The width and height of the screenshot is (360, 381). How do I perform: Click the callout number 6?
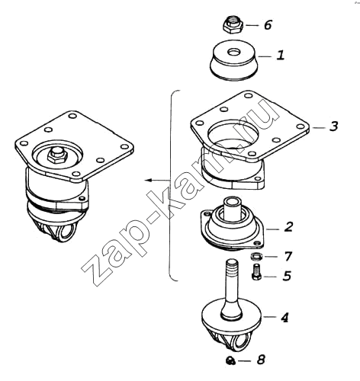click(x=268, y=25)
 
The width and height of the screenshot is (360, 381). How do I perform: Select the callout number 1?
click(x=281, y=55)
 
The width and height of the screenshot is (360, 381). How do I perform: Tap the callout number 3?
click(x=334, y=126)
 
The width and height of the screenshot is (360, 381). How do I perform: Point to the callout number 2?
click(x=288, y=227)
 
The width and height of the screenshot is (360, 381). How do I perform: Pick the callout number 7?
click(x=288, y=256)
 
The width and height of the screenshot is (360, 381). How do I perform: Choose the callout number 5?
click(x=287, y=276)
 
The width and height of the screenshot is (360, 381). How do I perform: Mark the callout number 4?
click(x=284, y=317)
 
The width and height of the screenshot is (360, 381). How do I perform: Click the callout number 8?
click(x=261, y=360)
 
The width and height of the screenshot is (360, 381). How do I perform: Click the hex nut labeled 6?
click(x=233, y=24)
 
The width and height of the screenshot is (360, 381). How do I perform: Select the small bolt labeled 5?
click(x=256, y=272)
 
